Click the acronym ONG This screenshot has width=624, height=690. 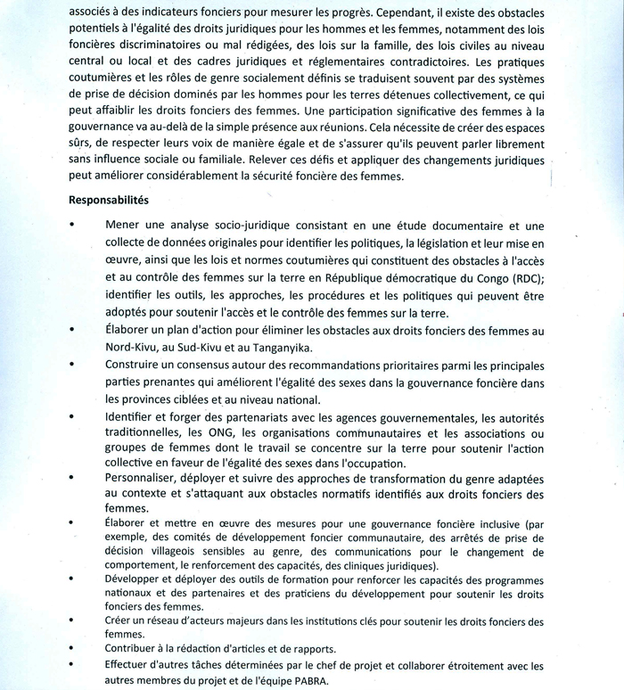click(218, 431)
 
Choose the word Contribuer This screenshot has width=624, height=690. click(135, 648)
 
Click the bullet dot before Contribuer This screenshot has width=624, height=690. click(71, 649)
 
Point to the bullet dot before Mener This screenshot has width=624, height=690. click(71, 225)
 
